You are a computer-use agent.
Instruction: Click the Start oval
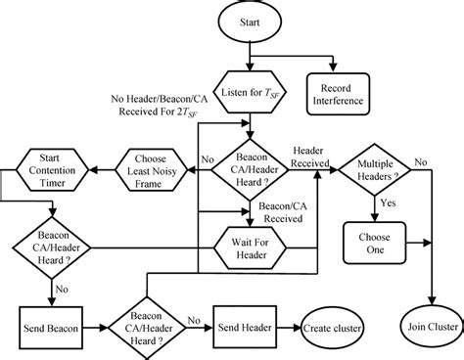(x=253, y=21)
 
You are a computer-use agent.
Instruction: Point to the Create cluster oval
(x=329, y=320)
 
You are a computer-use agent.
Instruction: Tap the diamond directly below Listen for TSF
(x=253, y=162)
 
